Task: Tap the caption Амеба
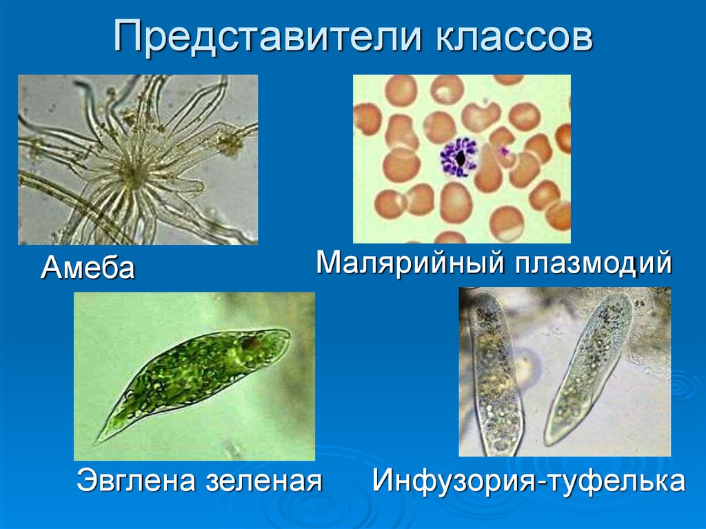[x=88, y=268]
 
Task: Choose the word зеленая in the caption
[x=264, y=481]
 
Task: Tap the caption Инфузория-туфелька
[x=529, y=481]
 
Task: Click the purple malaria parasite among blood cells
[x=459, y=158]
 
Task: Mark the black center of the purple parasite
[x=460, y=158]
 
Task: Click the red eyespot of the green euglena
[x=248, y=343]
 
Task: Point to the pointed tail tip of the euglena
[x=96, y=442]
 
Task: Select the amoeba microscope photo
[x=138, y=159]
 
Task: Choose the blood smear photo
[x=462, y=159]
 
